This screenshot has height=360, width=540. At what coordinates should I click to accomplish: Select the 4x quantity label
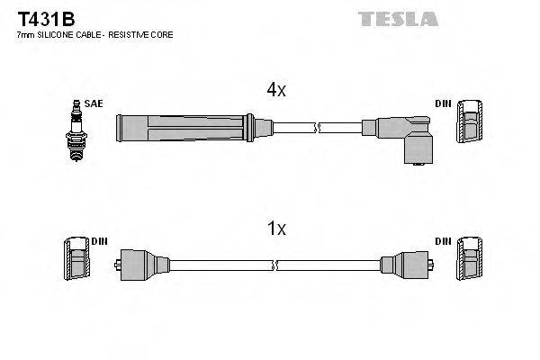[275, 89]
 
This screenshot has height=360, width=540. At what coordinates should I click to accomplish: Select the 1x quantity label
[276, 229]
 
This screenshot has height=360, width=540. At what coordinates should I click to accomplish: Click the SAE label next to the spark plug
[93, 104]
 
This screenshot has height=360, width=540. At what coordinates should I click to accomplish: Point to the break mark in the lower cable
[275, 265]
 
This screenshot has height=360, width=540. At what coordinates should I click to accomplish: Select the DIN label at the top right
[443, 104]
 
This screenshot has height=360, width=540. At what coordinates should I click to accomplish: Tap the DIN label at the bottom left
[99, 241]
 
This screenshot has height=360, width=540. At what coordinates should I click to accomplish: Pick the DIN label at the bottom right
[443, 241]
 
